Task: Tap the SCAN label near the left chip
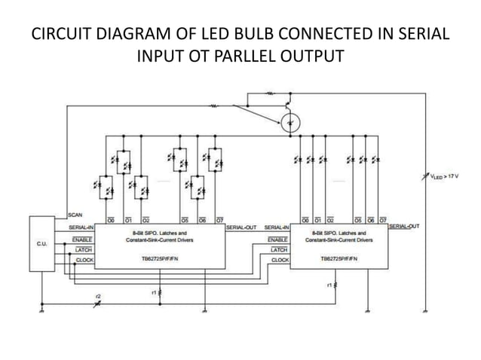pos(75,215)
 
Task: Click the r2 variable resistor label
pos(97,297)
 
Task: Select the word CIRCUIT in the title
pos(60,36)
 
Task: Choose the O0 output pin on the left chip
pos(110,221)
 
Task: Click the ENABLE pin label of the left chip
pos(82,239)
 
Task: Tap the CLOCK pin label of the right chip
pos(280,260)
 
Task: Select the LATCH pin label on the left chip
pos(84,249)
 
